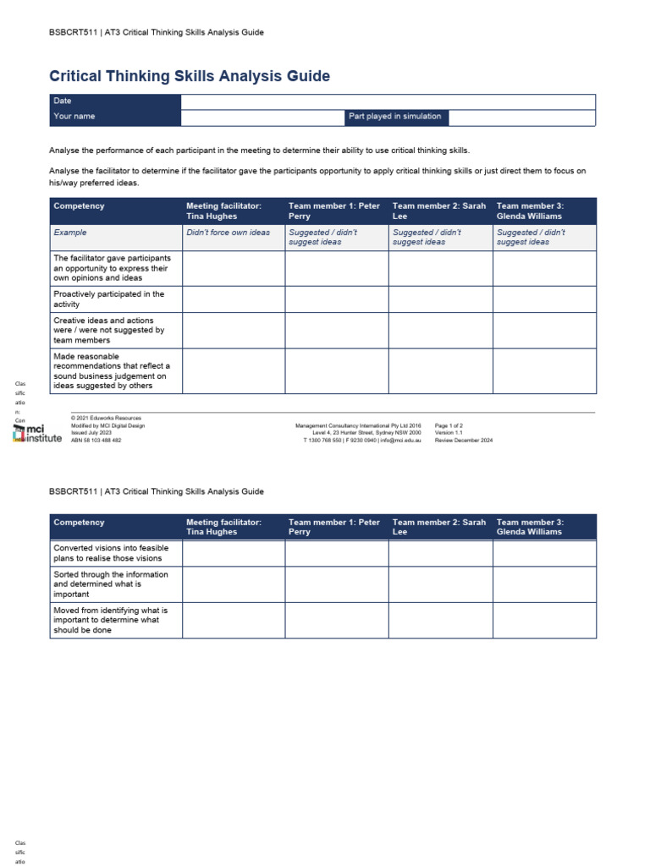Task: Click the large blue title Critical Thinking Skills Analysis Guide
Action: tap(190, 77)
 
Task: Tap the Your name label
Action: tap(74, 117)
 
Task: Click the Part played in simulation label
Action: tap(394, 117)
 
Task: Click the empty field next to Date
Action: tap(388, 101)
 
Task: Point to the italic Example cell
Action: tap(70, 233)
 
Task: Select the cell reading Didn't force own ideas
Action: tap(228, 233)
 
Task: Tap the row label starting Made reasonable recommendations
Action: tap(111, 371)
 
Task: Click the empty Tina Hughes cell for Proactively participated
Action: tap(233, 299)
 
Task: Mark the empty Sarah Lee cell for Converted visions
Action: tap(440, 553)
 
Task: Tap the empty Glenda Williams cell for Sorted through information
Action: tap(544, 584)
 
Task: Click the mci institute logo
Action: tap(38, 434)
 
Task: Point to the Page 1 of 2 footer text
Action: tap(449, 425)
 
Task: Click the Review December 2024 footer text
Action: tap(463, 441)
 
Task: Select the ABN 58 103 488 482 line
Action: tap(96, 441)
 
